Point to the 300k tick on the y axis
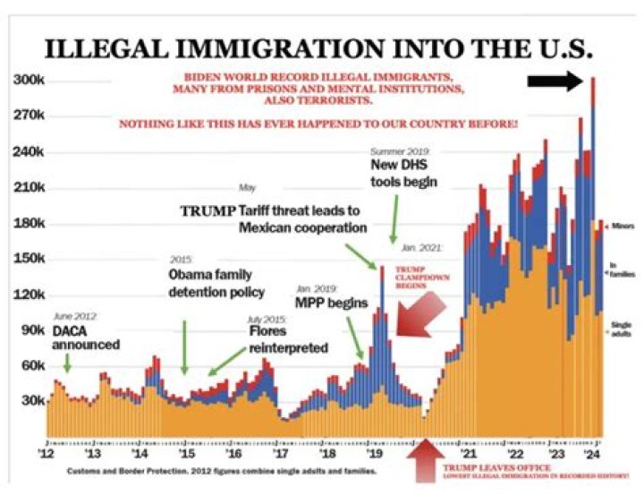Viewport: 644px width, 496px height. [x=28, y=80]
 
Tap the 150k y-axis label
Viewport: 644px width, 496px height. [x=28, y=259]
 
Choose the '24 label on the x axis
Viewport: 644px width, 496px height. [x=592, y=453]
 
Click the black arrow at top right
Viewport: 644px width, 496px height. [x=555, y=81]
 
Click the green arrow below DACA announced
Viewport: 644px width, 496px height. [x=67, y=363]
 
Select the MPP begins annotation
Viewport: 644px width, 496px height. [x=331, y=303]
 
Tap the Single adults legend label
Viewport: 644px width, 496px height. [x=622, y=328]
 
